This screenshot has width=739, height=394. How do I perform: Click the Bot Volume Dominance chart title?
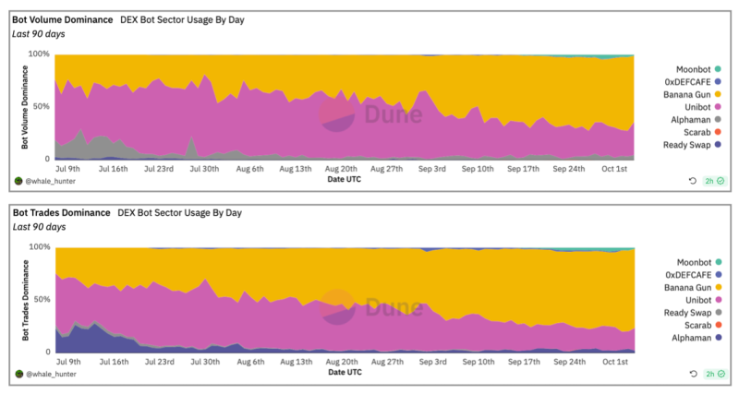click(63, 19)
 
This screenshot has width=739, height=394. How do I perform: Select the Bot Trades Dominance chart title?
click(61, 213)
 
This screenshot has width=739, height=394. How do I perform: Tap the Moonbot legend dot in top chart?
click(718, 69)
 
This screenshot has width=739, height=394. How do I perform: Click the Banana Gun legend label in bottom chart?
click(687, 288)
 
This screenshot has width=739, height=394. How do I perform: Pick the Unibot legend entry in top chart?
click(703, 107)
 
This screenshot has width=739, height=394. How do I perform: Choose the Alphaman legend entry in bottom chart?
click(697, 338)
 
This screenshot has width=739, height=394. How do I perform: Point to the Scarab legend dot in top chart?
click(718, 132)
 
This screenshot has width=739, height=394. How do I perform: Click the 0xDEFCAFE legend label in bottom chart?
click(688, 275)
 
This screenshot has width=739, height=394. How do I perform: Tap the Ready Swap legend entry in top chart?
click(692, 145)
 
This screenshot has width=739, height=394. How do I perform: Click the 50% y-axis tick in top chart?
click(41, 106)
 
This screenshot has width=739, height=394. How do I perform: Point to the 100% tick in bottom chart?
click(39, 247)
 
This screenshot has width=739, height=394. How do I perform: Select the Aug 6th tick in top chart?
click(249, 169)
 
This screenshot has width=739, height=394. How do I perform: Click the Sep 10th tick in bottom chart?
click(479, 362)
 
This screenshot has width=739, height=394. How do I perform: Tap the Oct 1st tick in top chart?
click(614, 169)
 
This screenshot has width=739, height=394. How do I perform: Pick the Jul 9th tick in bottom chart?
click(68, 362)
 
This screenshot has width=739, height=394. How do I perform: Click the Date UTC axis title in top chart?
click(344, 179)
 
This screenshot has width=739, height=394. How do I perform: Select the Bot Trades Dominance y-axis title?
click(25, 300)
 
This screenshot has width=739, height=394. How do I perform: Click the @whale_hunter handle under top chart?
click(51, 181)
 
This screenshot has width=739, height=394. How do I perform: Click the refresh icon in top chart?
click(692, 181)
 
